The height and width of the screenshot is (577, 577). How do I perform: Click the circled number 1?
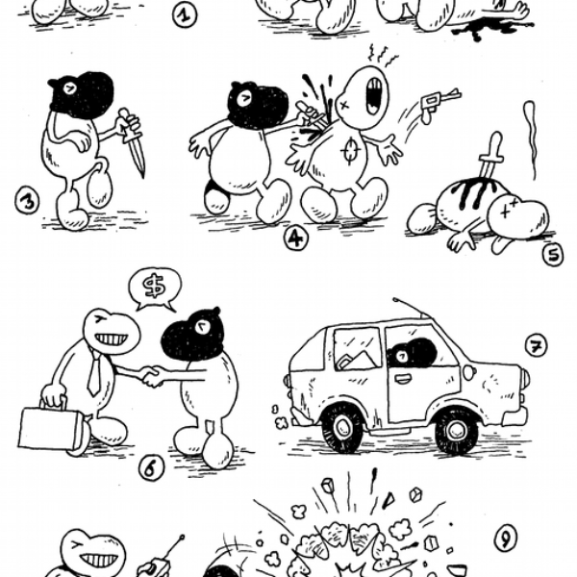pyautogui.click(x=185, y=15)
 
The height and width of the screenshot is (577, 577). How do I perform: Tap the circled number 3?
pyautogui.click(x=27, y=201)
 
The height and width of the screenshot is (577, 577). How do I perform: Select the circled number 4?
pyautogui.click(x=296, y=238)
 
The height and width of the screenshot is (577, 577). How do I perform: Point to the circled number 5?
pyautogui.click(x=553, y=254)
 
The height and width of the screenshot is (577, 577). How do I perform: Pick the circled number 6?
pyautogui.click(x=152, y=468)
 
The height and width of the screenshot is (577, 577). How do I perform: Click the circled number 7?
pyautogui.click(x=536, y=346)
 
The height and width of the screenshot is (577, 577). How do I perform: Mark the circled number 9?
pyautogui.click(x=506, y=539)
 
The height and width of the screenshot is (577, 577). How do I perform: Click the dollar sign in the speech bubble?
pyautogui.click(x=154, y=287)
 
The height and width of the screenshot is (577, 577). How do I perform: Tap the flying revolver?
pyautogui.click(x=440, y=103)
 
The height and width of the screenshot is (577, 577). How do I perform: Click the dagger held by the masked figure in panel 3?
pyautogui.click(x=132, y=141)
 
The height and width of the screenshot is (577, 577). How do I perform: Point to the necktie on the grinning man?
pyautogui.click(x=94, y=373)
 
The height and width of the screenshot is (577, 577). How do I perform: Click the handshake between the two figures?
pyautogui.click(x=152, y=376)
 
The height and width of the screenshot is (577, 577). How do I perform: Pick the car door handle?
pyautogui.click(x=402, y=377)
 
